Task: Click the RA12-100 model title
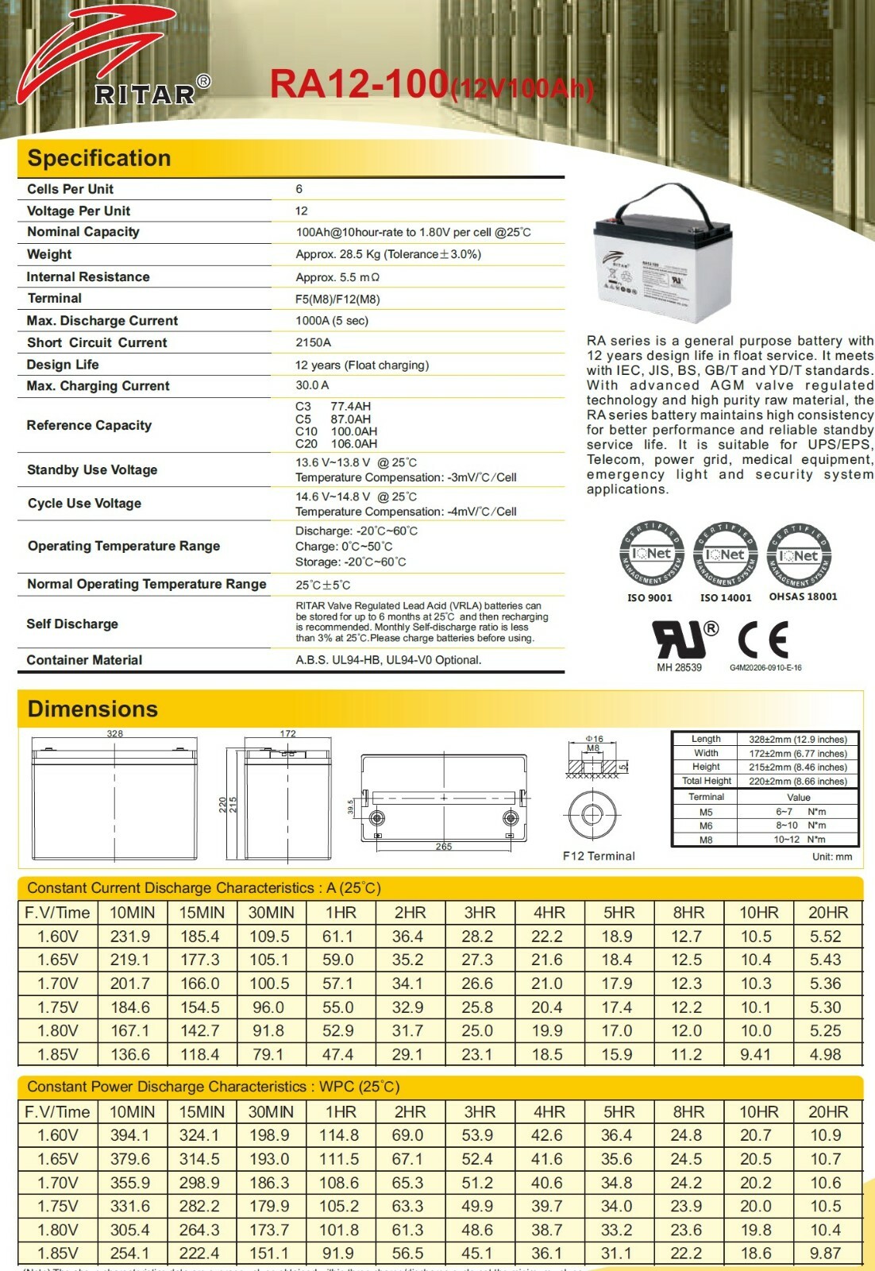(x=359, y=84)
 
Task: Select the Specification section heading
(x=99, y=158)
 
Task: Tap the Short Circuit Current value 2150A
(x=313, y=342)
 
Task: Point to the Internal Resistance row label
(x=88, y=276)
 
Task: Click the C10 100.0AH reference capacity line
(x=336, y=431)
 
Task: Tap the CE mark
(x=763, y=639)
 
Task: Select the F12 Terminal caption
(x=599, y=856)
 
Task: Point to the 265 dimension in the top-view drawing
(x=444, y=847)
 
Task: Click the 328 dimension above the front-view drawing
(x=115, y=734)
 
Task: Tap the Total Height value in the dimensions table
(x=797, y=782)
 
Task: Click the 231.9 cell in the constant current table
(x=130, y=937)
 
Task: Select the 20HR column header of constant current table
(x=827, y=913)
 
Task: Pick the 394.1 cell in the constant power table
(x=130, y=1135)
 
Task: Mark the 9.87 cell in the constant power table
(x=826, y=1253)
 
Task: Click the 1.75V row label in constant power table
(x=58, y=1206)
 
